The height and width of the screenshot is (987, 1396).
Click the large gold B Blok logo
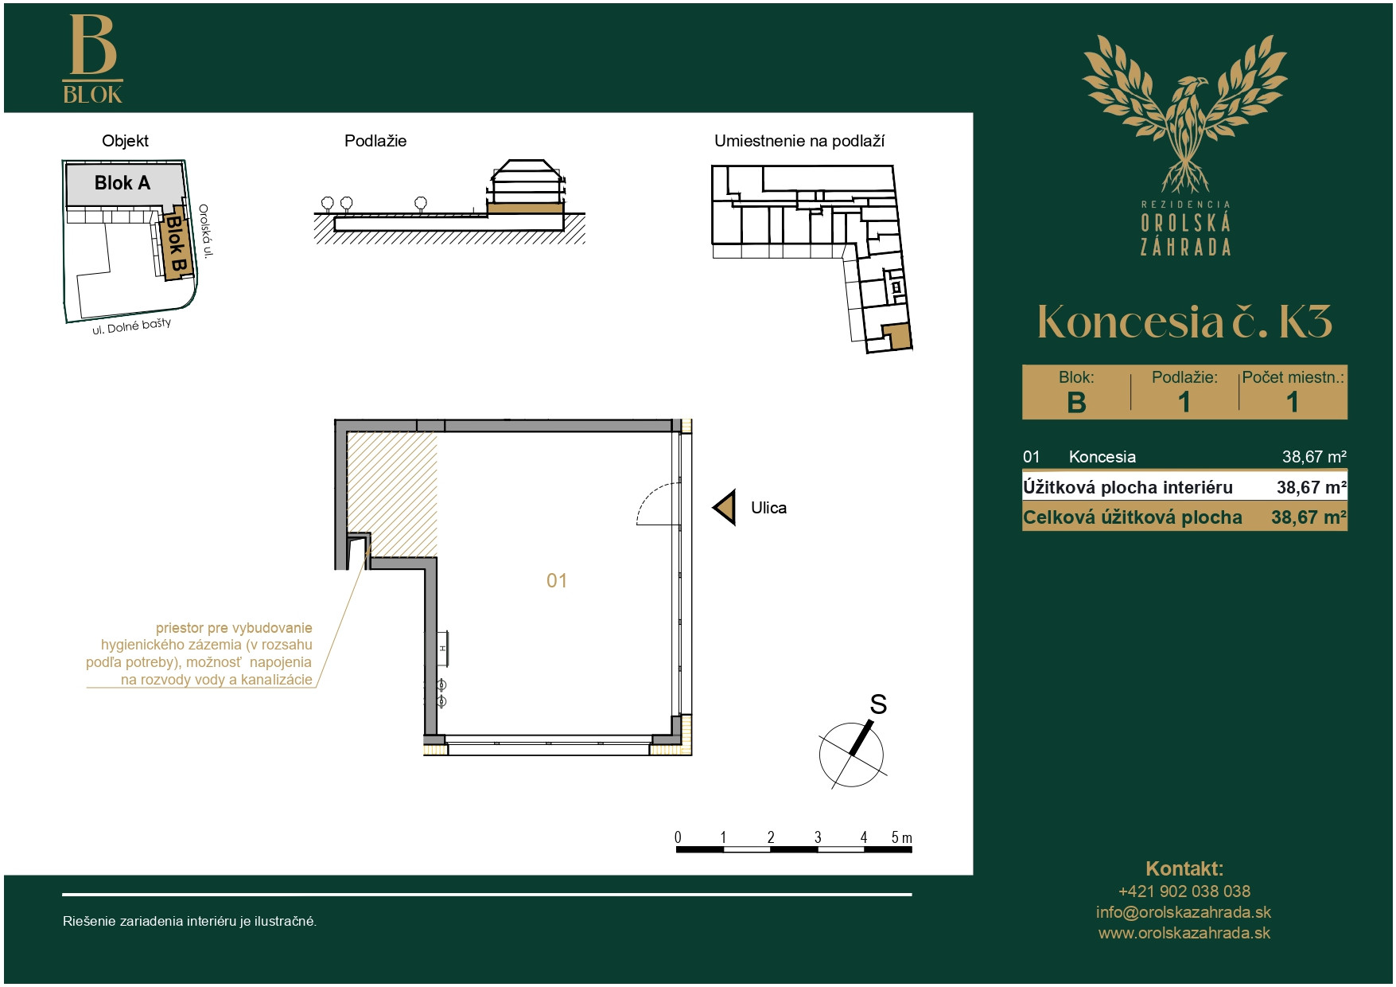point(93,59)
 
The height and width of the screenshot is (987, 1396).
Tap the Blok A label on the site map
point(122,183)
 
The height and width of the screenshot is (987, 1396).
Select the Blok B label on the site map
point(176,244)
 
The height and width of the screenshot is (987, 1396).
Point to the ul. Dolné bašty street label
point(131,326)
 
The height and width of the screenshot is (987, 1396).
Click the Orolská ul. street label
point(206,231)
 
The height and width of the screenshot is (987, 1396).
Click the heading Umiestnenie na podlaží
point(799,141)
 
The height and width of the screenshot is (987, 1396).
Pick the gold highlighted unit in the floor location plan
point(896,336)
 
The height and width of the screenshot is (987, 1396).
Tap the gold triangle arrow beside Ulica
point(724,507)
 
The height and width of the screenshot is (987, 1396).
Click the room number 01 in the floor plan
point(557,581)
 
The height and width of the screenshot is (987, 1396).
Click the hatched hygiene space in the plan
point(393,494)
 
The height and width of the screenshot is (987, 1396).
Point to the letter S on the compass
point(878,704)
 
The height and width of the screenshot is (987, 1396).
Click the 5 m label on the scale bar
point(901,837)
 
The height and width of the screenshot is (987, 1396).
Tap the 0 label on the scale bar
point(678,837)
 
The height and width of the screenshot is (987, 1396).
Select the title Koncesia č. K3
point(1184,322)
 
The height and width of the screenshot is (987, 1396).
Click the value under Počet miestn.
point(1293,403)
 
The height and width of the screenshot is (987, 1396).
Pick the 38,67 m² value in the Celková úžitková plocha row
point(1309,517)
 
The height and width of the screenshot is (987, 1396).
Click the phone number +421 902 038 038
point(1184,891)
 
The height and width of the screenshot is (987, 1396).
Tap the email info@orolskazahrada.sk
point(1184,912)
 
